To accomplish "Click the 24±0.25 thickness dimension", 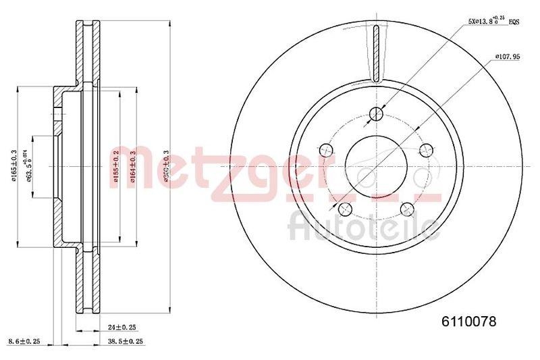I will pos(122,327).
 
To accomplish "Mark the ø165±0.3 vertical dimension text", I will pos(14,165).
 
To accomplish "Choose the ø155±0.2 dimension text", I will pos(116,165).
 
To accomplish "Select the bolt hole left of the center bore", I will pos(327,149).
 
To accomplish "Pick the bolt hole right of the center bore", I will pos(425,149).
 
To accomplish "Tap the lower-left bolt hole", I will pos(346,208).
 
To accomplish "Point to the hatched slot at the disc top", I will pos(377,50).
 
